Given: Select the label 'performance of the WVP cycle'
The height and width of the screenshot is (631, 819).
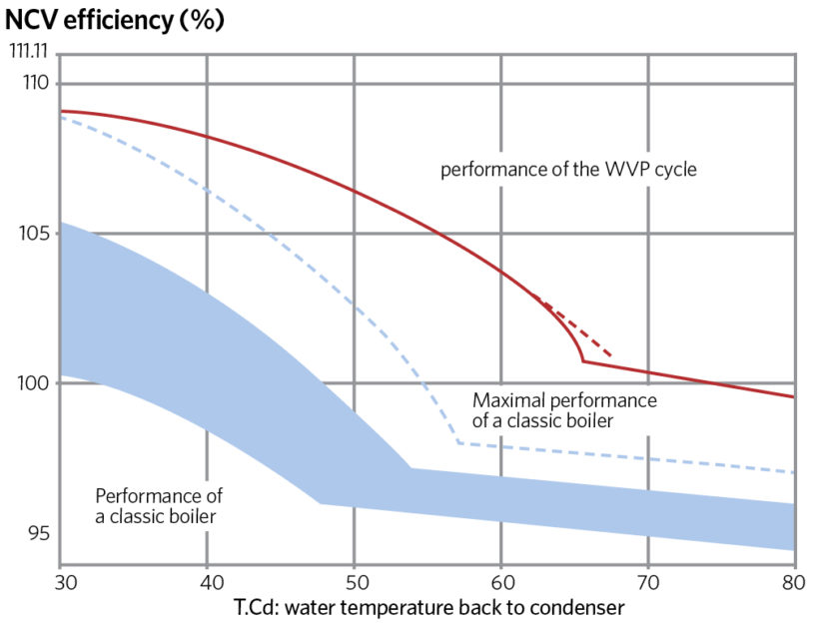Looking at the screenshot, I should pyautogui.click(x=568, y=170).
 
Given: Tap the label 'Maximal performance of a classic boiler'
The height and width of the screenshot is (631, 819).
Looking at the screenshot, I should pyautogui.click(x=564, y=411).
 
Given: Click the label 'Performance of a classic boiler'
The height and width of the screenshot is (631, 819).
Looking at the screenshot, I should pyautogui.click(x=158, y=506).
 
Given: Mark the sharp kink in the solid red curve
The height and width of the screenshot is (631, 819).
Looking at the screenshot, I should pyautogui.click(x=583, y=360).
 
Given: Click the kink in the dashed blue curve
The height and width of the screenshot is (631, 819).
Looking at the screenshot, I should pyautogui.click(x=457, y=441).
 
